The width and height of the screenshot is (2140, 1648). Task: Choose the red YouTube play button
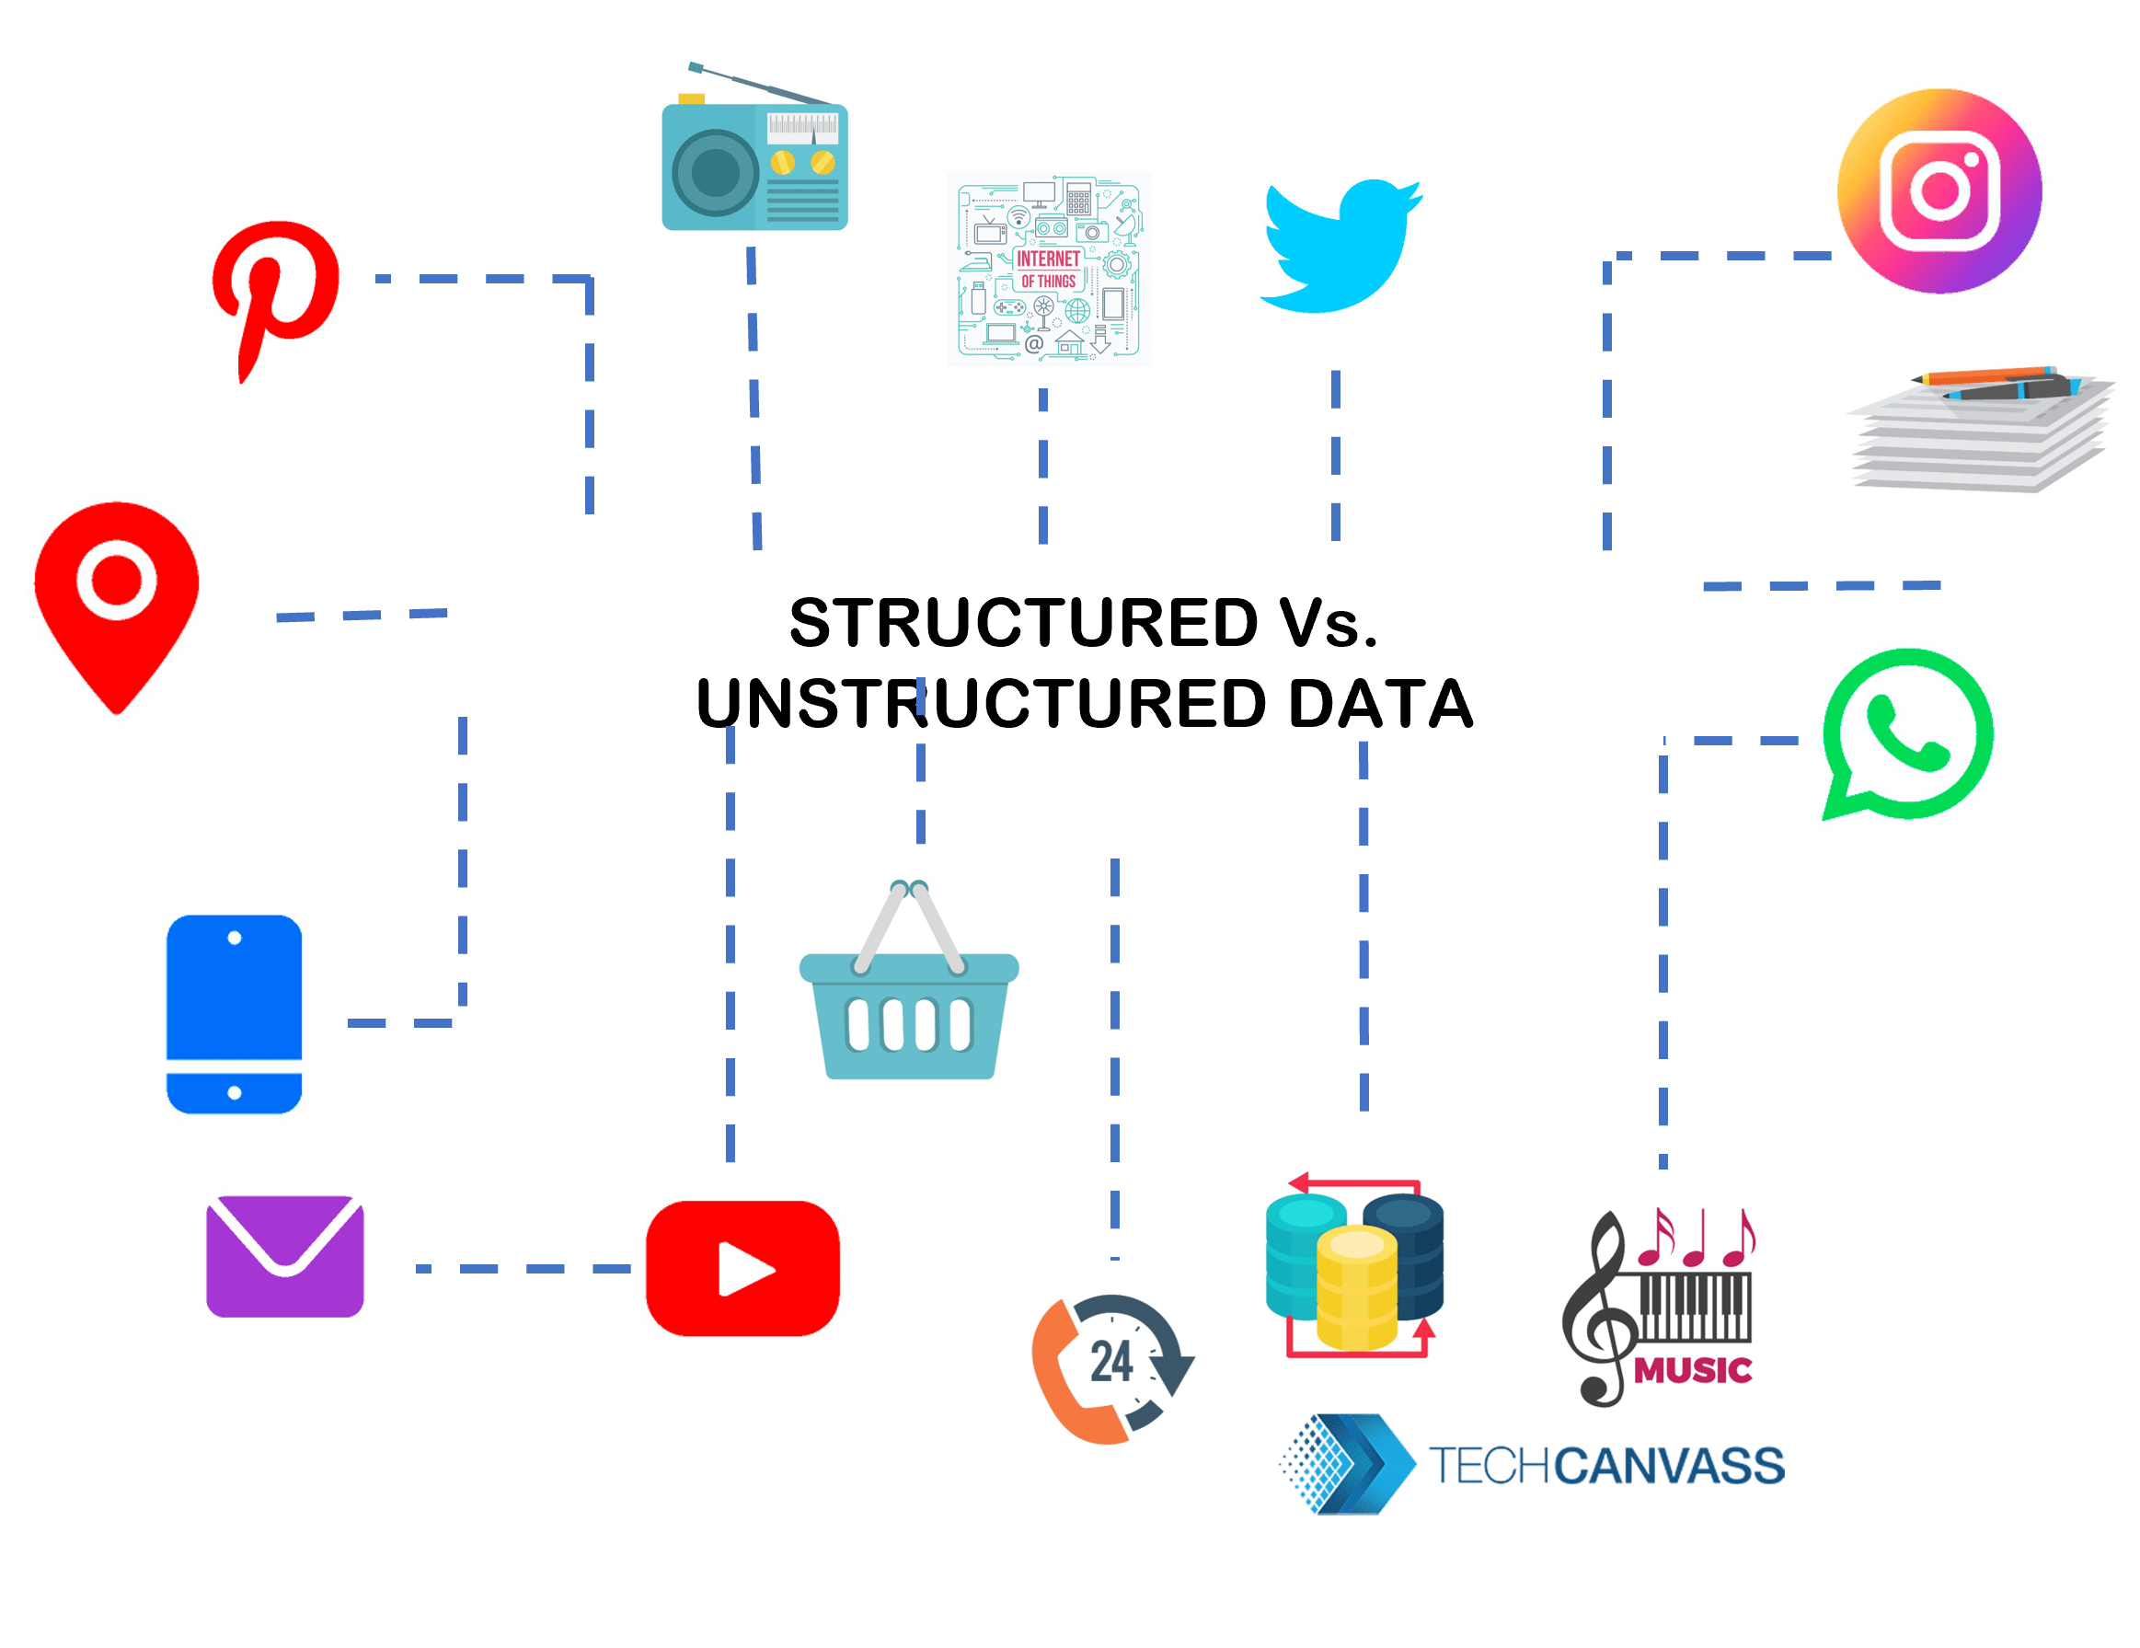point(742,1268)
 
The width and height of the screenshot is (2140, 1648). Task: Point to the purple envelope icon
point(285,1255)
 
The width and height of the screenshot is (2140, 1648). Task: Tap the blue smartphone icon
point(235,1014)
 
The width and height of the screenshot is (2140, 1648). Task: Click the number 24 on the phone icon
point(1111,1362)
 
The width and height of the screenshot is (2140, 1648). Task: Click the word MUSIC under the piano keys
point(1692,1370)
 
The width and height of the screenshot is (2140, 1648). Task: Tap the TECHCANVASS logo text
point(1606,1466)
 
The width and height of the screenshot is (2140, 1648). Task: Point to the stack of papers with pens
point(1979,432)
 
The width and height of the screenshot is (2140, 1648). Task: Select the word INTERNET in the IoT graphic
point(1048,259)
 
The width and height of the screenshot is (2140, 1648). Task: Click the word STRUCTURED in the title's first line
point(1023,623)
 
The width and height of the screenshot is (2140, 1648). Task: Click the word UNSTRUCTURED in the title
point(981,704)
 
